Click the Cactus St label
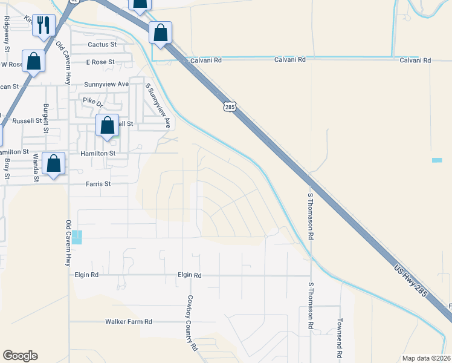(x=102, y=45)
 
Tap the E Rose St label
(x=100, y=62)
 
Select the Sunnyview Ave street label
(x=106, y=83)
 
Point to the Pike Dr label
(x=93, y=103)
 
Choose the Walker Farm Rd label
(x=128, y=322)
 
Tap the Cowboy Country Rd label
(x=192, y=323)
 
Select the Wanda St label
(x=36, y=168)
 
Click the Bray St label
(x=7, y=166)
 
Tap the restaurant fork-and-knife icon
(x=43, y=25)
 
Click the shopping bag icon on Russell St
(x=108, y=126)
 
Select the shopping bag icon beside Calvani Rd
(x=160, y=33)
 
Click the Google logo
(x=20, y=356)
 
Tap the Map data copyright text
(x=427, y=358)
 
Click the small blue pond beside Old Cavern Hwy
(x=77, y=237)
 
